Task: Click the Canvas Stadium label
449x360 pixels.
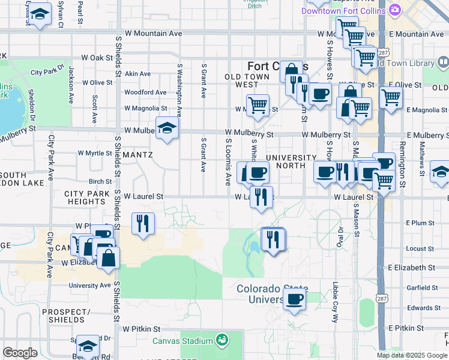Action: click(x=182, y=341)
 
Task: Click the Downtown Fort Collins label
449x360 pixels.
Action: click(x=343, y=11)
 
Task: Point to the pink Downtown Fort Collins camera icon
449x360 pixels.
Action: click(x=394, y=10)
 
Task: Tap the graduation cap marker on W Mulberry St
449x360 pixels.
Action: click(x=167, y=127)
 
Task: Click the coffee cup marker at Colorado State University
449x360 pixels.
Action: click(x=294, y=299)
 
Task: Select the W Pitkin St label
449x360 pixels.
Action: click(x=142, y=329)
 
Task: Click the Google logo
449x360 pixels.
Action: click(x=20, y=353)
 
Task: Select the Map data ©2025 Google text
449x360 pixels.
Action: click(x=412, y=355)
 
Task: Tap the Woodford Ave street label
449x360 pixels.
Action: click(x=145, y=92)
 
